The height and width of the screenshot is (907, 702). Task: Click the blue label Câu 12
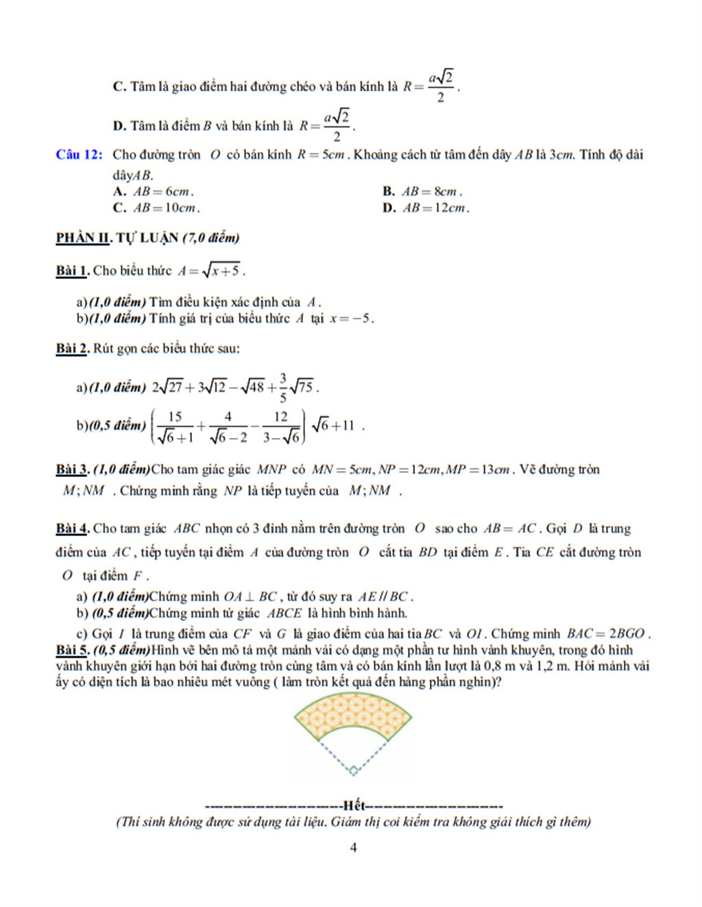click(79, 155)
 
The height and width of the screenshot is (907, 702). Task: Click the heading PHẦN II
click(83, 238)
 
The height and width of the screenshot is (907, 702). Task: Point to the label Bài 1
click(72, 271)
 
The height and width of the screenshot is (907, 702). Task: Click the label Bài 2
click(72, 348)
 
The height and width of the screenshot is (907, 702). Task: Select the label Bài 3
click(72, 470)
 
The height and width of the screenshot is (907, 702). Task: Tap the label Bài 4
click(72, 529)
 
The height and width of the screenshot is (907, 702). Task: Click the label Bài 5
click(72, 650)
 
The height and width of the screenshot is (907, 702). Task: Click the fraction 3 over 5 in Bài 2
click(282, 388)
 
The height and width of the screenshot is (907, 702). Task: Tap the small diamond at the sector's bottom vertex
click(353, 771)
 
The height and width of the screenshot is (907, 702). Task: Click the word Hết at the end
click(354, 806)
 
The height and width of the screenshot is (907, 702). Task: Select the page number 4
click(353, 847)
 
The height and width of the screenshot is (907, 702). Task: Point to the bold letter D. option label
click(119, 126)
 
